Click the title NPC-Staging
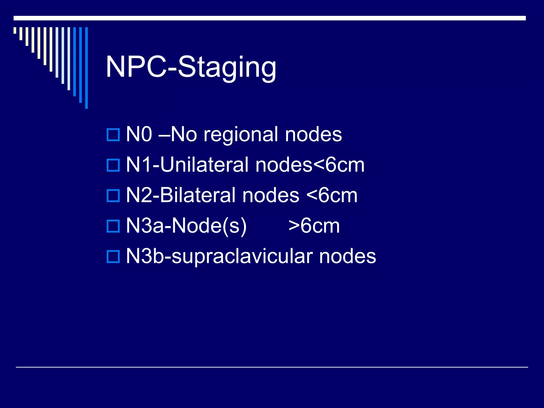point(191,67)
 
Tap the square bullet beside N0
point(113,135)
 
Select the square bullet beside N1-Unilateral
point(113,165)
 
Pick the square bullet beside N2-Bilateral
point(113,195)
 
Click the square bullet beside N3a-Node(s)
point(113,226)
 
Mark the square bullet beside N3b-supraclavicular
point(113,257)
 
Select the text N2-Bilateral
point(181,195)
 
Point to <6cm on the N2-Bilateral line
point(332,195)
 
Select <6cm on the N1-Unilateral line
point(339,165)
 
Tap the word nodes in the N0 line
point(313,135)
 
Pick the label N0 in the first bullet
point(139,134)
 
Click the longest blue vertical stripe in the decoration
point(86,68)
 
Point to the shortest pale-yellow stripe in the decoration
point(15,30)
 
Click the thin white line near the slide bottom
point(272,367)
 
